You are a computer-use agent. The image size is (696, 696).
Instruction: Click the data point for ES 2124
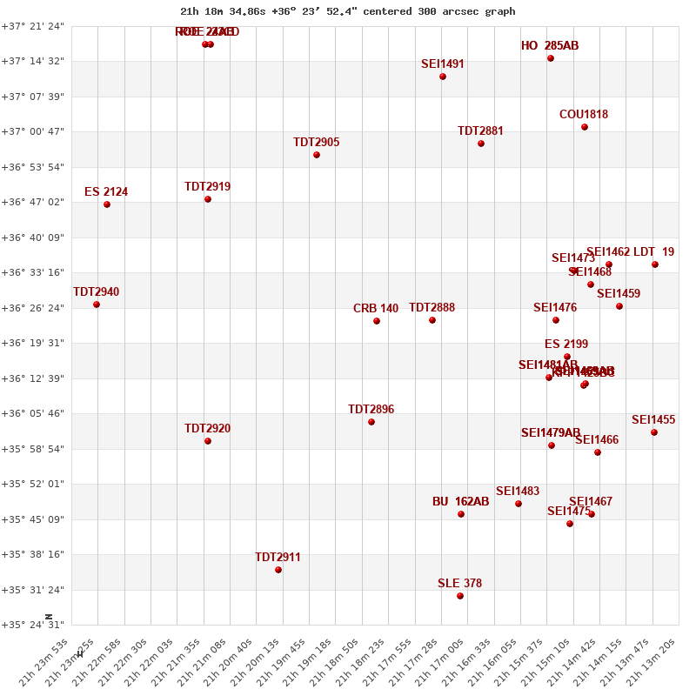click(107, 204)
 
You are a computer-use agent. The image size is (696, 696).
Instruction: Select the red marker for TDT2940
click(97, 304)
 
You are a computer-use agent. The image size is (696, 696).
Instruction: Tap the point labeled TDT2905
click(317, 155)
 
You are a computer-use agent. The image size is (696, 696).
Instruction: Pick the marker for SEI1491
click(443, 77)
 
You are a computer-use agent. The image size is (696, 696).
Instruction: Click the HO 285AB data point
click(551, 58)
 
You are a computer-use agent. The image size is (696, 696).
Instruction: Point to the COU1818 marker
click(585, 127)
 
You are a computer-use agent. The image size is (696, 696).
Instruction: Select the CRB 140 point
click(377, 321)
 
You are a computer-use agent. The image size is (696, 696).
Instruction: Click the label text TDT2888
click(432, 308)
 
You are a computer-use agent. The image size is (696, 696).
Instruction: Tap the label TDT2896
click(371, 410)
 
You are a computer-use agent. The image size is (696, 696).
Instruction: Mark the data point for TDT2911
click(278, 570)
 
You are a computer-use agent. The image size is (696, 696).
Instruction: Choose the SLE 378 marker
click(460, 596)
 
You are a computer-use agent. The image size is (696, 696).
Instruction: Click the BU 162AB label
click(460, 502)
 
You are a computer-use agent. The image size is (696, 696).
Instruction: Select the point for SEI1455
click(654, 432)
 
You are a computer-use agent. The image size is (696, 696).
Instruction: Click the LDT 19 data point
click(655, 264)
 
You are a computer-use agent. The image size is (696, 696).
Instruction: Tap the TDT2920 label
click(207, 429)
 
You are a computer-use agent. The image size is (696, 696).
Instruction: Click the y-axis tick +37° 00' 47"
click(32, 131)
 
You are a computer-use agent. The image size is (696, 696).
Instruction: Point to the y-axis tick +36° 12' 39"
click(32, 378)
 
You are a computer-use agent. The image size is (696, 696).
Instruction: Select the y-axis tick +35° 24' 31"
click(32, 625)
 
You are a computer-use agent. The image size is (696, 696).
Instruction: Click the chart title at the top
click(347, 11)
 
